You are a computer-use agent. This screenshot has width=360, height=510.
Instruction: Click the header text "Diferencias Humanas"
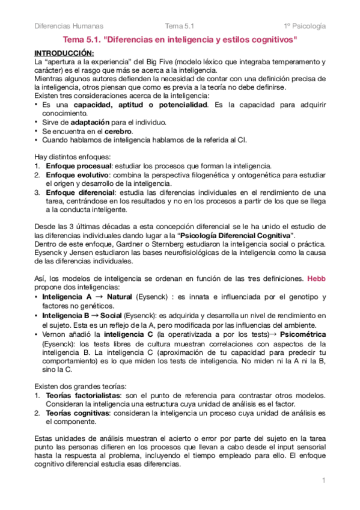coord(69,26)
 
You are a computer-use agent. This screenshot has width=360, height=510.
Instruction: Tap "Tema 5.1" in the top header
coord(179,26)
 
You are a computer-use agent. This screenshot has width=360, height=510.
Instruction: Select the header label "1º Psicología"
coord(305,26)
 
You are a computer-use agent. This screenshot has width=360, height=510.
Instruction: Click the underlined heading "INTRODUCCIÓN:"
coord(60,53)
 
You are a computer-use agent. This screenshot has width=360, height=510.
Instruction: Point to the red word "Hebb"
coord(316,279)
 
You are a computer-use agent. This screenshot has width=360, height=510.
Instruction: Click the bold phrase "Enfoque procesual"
coord(72,166)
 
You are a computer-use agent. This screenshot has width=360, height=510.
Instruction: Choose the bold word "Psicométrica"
coord(303,333)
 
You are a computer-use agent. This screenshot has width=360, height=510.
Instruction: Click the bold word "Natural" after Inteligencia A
coord(120,297)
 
